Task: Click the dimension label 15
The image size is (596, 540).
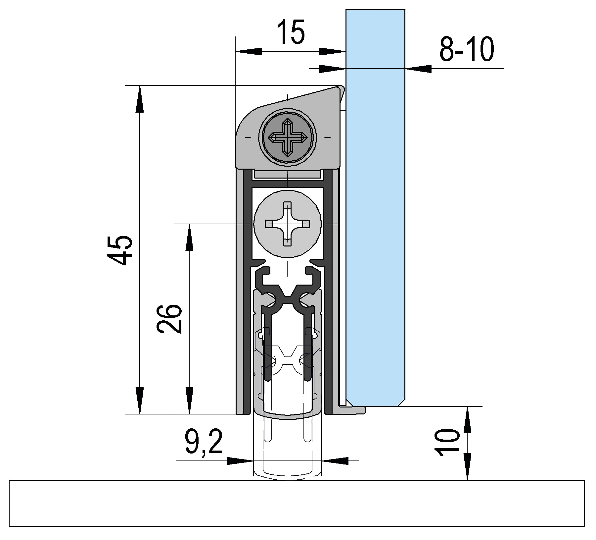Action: [291, 32]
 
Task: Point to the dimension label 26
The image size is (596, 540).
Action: [169, 318]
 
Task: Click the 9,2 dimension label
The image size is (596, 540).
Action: [204, 442]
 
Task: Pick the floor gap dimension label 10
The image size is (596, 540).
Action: [447, 443]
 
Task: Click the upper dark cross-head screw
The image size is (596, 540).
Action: [287, 136]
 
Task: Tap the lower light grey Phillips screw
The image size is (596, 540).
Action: [287, 224]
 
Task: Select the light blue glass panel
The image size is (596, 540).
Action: [375, 208]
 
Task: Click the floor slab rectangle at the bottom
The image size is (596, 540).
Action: [297, 503]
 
